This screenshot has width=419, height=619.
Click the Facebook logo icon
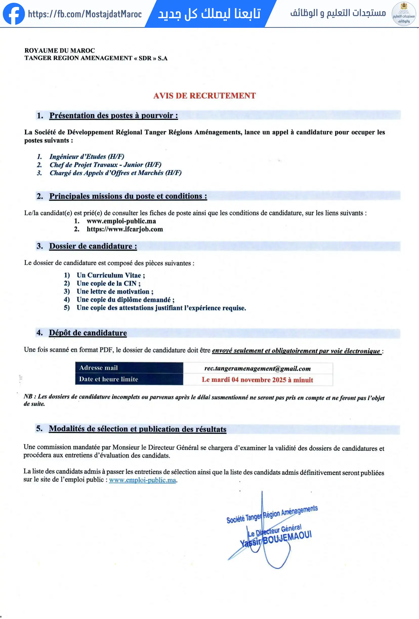point(14,14)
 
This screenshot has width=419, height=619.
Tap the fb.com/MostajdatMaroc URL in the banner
point(85,14)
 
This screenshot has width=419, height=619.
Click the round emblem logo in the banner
point(404,14)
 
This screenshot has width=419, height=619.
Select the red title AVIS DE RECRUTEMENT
point(204,96)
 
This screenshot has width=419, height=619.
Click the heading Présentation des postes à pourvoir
point(114,116)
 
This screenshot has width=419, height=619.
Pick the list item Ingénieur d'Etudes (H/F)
point(87,156)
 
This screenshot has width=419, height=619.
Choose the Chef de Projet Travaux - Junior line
point(105,165)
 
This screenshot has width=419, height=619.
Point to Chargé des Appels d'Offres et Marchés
point(115,173)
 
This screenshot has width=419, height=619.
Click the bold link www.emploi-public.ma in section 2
point(121,221)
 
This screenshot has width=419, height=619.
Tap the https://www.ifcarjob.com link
point(125,229)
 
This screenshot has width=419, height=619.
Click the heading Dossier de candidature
point(93,246)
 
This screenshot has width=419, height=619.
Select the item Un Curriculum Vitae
point(111,275)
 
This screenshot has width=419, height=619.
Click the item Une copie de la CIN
point(109,283)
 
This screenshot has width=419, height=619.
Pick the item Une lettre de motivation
point(115,292)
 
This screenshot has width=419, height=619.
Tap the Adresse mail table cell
point(129,368)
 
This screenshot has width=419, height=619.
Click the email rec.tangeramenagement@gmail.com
point(257,369)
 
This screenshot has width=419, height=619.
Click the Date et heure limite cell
point(129,379)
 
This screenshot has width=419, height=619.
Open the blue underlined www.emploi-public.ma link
point(142,480)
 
